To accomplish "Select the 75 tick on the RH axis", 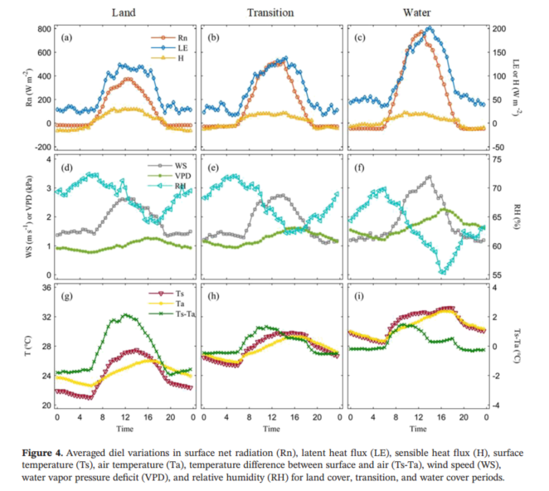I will click(495, 158).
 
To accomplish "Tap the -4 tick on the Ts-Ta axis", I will click(495, 406).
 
